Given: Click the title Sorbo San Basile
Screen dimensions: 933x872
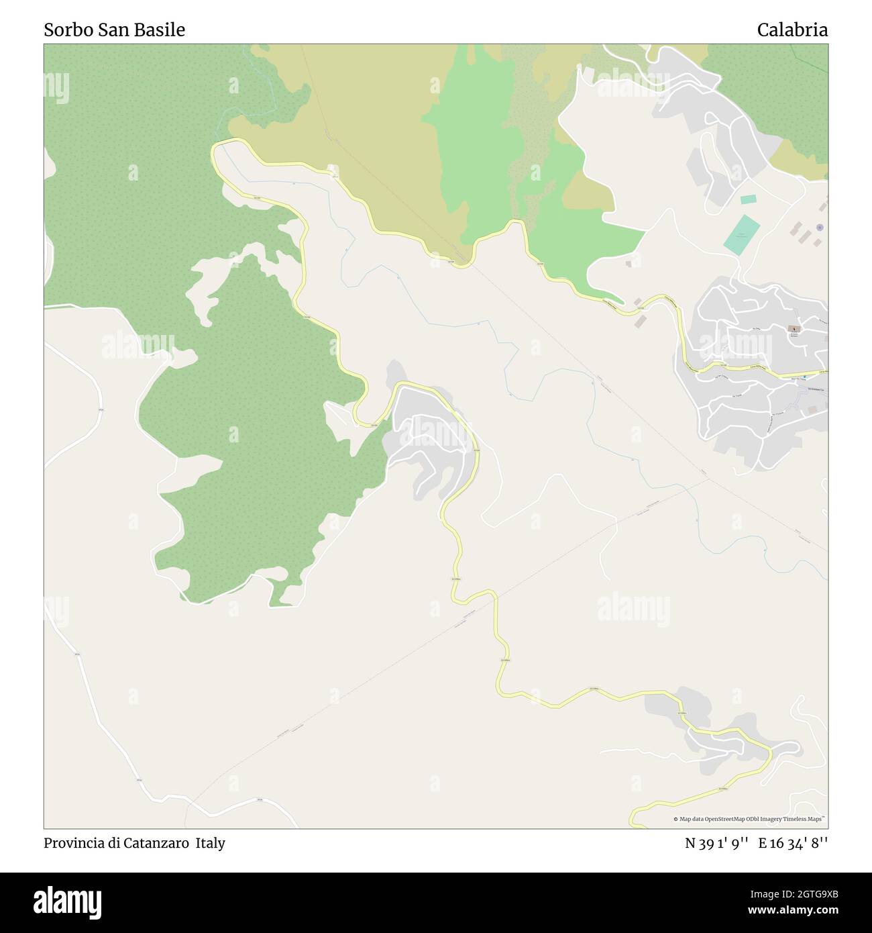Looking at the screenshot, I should (114, 30).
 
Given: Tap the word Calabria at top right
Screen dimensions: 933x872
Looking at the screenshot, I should (792, 30).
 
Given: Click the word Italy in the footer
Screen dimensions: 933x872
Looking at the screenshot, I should (211, 843).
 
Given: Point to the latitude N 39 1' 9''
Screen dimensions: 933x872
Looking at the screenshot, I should (716, 843).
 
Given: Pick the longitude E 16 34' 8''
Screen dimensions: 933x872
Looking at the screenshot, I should (793, 843).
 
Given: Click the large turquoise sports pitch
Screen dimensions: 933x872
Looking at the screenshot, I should (743, 234).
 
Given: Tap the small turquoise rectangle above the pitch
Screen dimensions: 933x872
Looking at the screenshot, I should (748, 199).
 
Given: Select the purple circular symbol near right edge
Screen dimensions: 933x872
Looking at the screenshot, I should (820, 228).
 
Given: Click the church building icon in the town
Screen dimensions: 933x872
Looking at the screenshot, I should (794, 329).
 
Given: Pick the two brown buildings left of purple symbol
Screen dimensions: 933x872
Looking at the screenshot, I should (798, 232).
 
